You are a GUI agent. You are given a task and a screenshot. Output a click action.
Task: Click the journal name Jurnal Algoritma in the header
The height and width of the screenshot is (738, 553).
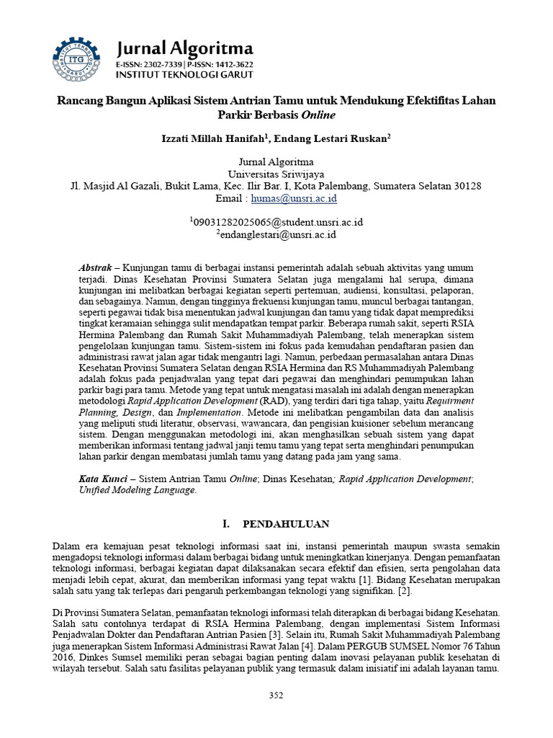point(185,48)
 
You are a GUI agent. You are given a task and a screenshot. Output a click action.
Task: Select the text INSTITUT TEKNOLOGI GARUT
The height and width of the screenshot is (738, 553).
point(184,75)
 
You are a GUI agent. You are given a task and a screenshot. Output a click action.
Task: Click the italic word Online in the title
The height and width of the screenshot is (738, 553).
point(318,115)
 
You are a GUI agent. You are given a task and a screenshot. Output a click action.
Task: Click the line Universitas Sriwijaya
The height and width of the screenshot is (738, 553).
point(276,174)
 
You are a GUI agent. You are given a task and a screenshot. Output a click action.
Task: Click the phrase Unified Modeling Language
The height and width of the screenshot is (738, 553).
point(137,490)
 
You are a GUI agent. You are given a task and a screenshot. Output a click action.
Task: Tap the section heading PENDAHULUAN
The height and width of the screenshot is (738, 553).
point(286,524)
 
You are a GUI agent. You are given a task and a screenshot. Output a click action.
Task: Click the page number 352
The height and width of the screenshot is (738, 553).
point(276,695)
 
